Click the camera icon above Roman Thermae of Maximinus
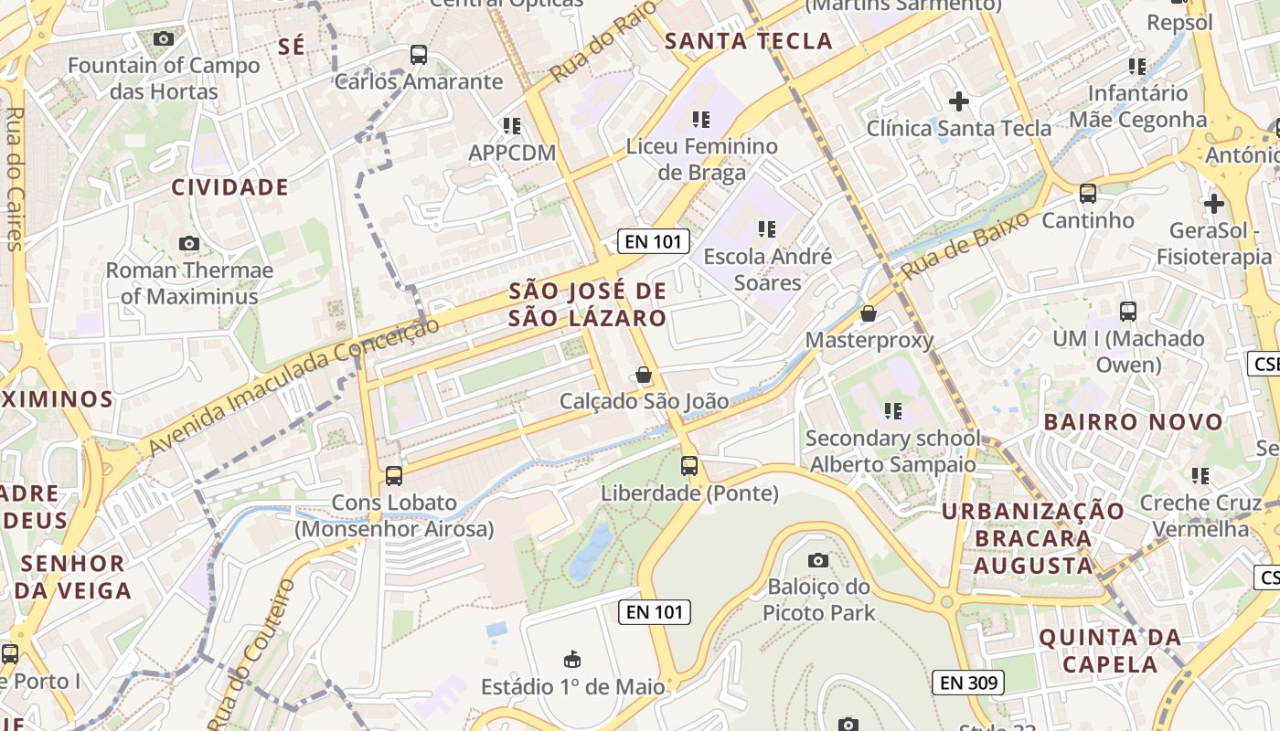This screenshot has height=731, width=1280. (x=189, y=243)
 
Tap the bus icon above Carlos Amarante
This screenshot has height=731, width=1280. (x=419, y=55)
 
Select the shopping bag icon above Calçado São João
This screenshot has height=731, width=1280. (x=644, y=375)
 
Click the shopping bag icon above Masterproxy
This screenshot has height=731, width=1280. (x=869, y=313)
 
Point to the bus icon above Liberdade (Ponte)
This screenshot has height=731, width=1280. (x=689, y=466)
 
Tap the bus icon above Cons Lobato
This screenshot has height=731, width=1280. (x=394, y=476)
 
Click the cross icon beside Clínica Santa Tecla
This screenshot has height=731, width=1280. (x=959, y=101)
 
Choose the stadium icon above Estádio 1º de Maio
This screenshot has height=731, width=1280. (x=572, y=659)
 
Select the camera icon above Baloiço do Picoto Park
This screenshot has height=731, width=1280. (x=818, y=560)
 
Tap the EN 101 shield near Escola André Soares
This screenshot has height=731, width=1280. (x=652, y=241)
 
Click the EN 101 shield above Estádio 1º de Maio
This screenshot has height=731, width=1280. (x=654, y=612)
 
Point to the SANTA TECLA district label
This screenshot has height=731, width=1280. (x=749, y=41)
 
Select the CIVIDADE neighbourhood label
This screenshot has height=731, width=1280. (x=230, y=187)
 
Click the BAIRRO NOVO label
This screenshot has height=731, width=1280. (x=1133, y=422)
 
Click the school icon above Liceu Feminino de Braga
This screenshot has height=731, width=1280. (x=701, y=119)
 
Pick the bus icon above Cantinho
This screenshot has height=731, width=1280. (x=1088, y=194)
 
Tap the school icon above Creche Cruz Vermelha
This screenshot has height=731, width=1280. (x=1200, y=475)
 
